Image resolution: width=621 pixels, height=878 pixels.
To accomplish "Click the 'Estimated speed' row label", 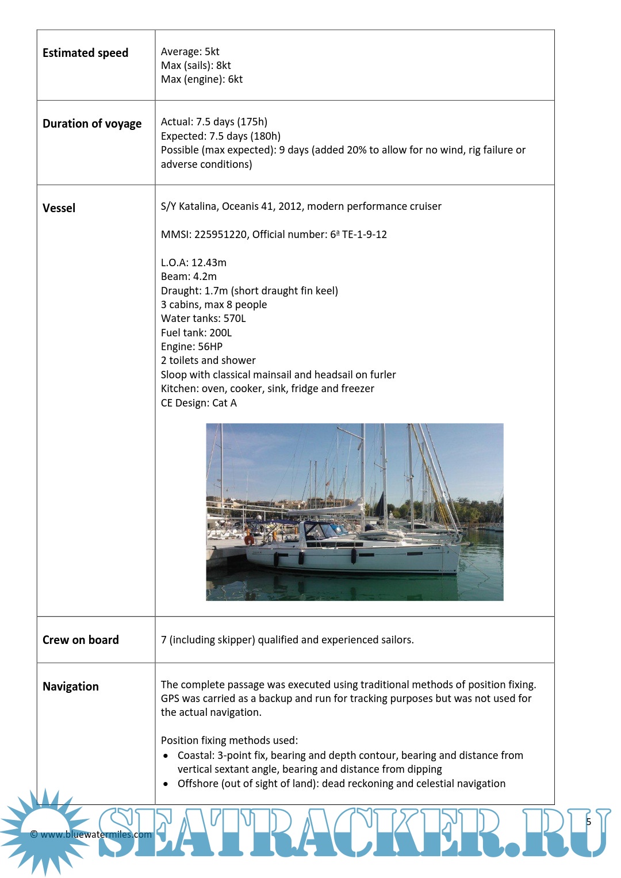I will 85,53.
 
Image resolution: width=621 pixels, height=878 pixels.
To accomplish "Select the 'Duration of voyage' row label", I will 92,124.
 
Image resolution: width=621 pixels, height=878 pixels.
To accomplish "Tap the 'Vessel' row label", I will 59,208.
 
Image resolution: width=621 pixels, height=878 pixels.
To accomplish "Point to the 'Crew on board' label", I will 80,640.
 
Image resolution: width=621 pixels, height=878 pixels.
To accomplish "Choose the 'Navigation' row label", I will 71,687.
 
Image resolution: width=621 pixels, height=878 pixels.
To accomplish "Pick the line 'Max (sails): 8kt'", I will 195,66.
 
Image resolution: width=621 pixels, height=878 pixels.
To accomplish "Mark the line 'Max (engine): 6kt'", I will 201,79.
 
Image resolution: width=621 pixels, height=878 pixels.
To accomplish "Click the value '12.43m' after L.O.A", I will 209,263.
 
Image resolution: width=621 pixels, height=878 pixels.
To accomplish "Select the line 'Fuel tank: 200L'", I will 196,333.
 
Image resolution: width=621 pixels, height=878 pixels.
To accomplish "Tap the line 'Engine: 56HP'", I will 191,347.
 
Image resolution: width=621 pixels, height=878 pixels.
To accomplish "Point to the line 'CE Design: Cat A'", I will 198,403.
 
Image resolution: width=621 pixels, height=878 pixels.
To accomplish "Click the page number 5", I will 588,822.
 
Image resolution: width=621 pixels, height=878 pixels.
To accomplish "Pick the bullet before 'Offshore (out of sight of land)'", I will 166,784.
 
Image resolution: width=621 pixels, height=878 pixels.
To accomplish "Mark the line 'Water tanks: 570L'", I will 203,319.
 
